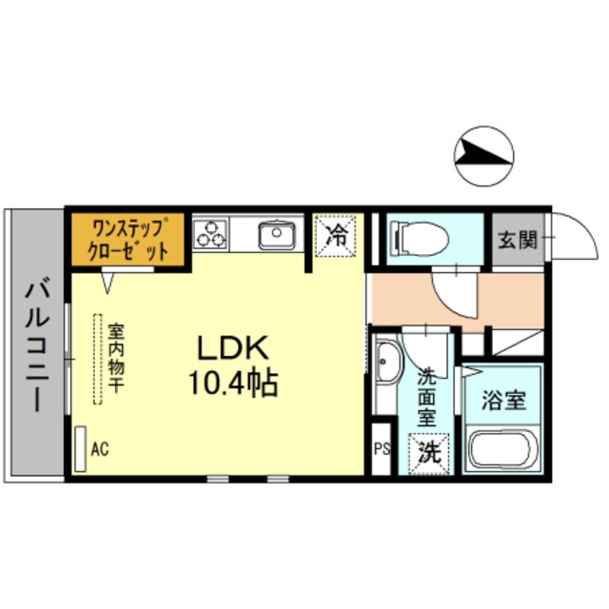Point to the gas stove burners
click(211, 233)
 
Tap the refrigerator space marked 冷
click(336, 235)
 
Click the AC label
click(100, 448)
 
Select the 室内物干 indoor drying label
click(116, 358)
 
